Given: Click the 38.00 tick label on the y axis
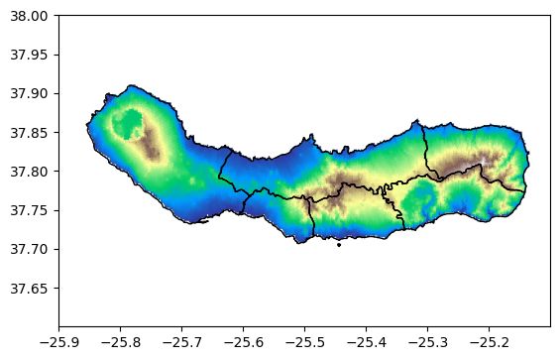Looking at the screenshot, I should (x=29, y=16).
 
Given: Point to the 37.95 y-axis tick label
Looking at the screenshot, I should (x=29, y=55).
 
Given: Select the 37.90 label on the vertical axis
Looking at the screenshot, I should (x=29, y=93).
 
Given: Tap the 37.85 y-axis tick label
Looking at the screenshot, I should (x=29, y=132).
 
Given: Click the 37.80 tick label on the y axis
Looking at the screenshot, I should (x=29, y=172).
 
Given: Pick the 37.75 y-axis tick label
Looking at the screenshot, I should (x=29, y=210).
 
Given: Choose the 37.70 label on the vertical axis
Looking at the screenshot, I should (x=29, y=249).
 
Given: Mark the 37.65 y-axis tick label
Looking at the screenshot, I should (x=29, y=288).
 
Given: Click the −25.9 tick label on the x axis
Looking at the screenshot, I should (x=58, y=340).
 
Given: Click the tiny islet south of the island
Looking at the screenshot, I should (x=339, y=245).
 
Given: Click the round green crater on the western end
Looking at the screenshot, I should (x=127, y=125).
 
